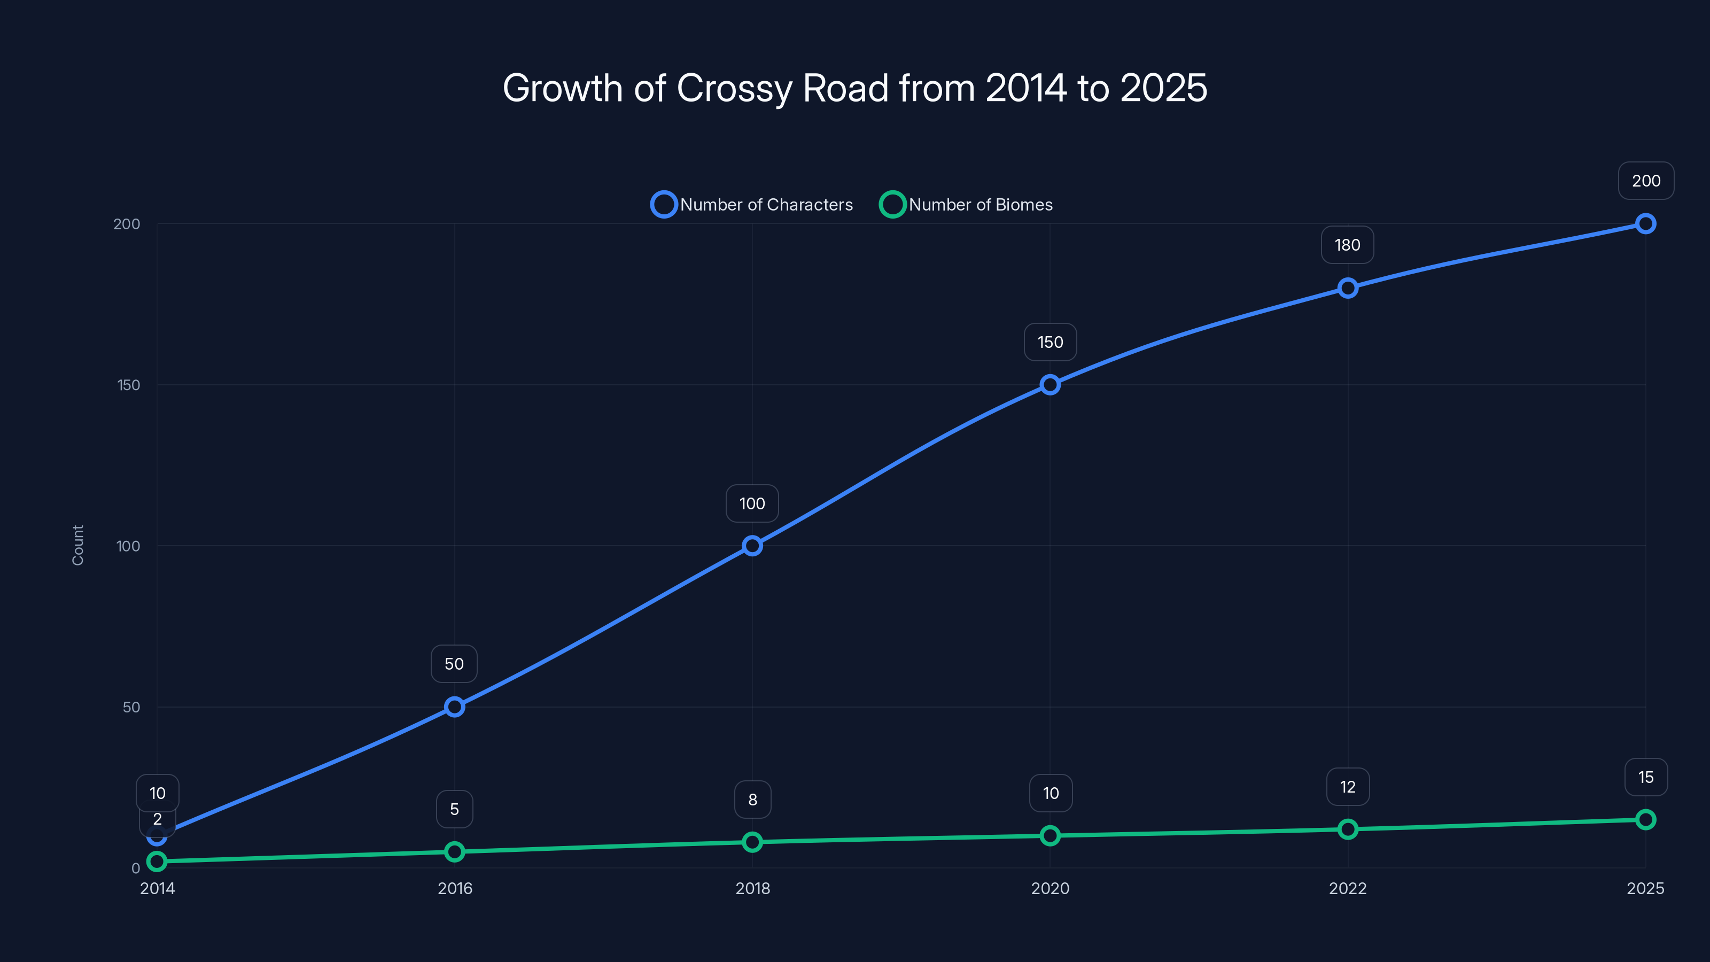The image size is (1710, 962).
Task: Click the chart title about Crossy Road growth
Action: (854, 88)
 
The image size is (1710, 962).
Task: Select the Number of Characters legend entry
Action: (752, 205)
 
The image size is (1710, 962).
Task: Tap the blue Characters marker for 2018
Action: (752, 546)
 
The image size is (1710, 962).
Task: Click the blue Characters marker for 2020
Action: (1050, 384)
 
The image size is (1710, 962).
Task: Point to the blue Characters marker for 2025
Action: (1645, 224)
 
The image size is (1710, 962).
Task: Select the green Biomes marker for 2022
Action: (1348, 829)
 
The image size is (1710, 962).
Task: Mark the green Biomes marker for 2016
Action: (454, 852)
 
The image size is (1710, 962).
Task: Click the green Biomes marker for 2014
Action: (157, 861)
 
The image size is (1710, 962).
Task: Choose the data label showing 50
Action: (454, 664)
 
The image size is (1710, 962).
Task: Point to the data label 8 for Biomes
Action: (752, 800)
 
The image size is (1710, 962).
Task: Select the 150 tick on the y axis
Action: (128, 385)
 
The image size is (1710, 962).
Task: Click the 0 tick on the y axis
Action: (135, 868)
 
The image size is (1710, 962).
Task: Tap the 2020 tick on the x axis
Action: (1050, 888)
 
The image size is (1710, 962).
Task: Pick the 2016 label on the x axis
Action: (455, 888)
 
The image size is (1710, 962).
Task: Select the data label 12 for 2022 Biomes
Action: (1348, 787)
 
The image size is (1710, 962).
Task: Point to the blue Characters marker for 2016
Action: (454, 707)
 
